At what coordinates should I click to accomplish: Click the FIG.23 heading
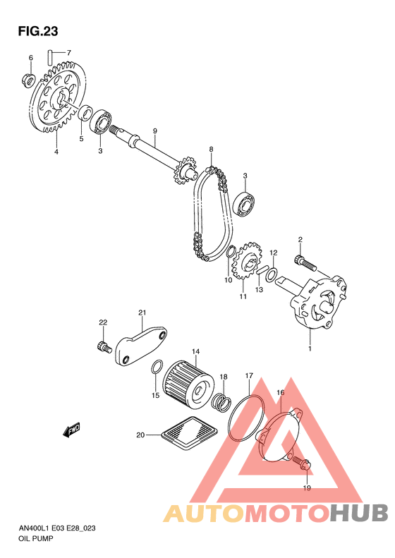pyautogui.click(x=38, y=31)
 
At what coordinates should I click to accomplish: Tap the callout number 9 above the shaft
pyautogui.click(x=154, y=131)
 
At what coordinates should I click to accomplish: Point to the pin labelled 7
pyautogui.click(x=51, y=58)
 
